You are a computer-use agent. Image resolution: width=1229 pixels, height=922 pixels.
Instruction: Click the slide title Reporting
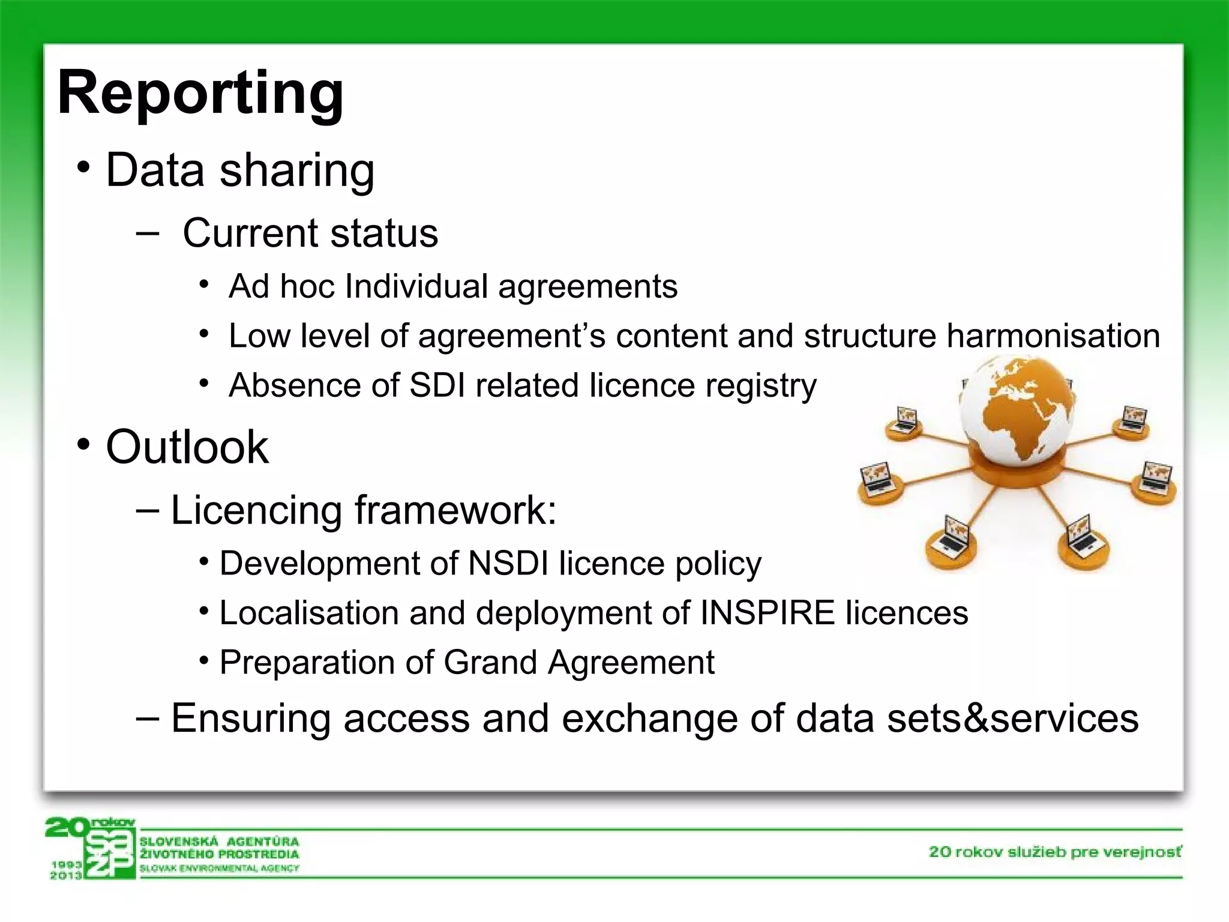click(200, 93)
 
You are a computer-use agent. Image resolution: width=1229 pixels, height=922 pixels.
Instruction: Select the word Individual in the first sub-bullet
click(416, 286)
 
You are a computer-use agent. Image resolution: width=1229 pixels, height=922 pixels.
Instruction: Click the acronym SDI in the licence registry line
click(437, 385)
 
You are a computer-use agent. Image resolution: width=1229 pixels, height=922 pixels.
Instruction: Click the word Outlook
click(187, 447)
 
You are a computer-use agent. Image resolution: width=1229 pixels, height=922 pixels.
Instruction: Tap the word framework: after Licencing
click(455, 511)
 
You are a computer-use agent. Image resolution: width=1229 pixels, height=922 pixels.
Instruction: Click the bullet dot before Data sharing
click(83, 167)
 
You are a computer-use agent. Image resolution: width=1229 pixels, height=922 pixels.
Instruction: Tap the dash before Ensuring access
click(148, 718)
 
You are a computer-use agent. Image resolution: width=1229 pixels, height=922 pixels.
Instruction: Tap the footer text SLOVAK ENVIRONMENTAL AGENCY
click(219, 868)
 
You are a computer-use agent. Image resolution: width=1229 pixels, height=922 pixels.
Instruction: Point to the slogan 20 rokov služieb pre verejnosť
click(1055, 852)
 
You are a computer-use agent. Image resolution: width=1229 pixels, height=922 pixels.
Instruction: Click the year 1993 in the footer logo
click(66, 864)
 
